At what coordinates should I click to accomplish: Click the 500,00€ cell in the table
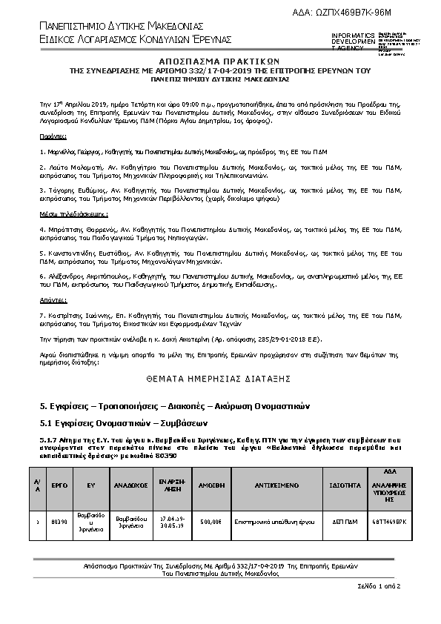coord(211,521)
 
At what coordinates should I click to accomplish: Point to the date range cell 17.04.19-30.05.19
coord(171,521)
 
